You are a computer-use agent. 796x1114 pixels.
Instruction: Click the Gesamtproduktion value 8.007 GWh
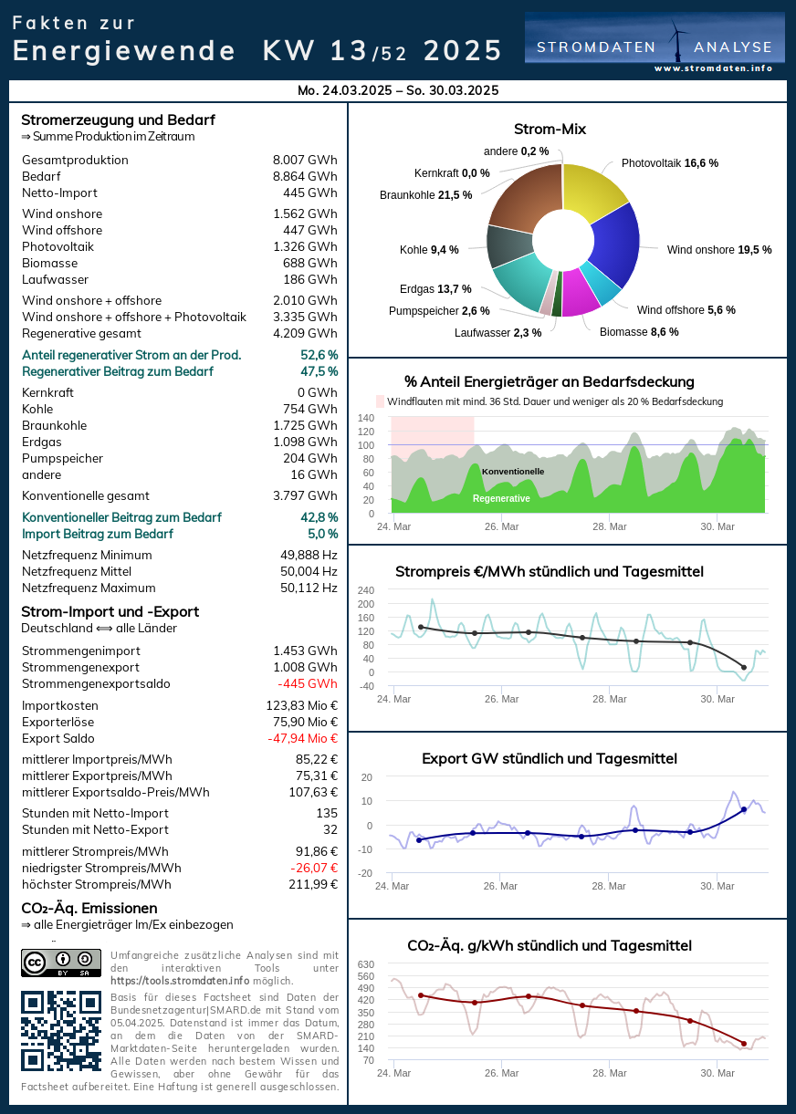305,161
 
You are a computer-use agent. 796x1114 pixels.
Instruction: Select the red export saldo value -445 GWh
308,684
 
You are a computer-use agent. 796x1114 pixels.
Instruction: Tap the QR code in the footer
61,1031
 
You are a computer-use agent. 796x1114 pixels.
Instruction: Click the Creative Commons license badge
61,963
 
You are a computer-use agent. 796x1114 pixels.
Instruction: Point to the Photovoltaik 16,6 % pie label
669,163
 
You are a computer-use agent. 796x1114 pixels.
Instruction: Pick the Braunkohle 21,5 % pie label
425,195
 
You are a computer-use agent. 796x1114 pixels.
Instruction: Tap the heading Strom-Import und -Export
110,612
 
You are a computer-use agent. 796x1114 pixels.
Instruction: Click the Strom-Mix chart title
550,130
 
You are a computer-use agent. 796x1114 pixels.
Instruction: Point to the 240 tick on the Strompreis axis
366,590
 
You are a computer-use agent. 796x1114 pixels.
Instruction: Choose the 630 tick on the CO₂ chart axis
365,964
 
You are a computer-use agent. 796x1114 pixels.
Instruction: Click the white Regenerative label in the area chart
501,499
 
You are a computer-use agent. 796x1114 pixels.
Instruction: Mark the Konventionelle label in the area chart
513,472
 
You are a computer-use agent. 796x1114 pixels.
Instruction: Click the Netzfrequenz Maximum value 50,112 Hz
309,588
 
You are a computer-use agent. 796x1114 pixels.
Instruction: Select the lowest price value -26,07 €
309,869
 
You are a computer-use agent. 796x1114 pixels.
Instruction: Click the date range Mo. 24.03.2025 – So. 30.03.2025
398,90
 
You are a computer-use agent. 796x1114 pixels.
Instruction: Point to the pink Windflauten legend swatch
381,401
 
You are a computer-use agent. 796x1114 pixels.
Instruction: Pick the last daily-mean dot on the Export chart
744,809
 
